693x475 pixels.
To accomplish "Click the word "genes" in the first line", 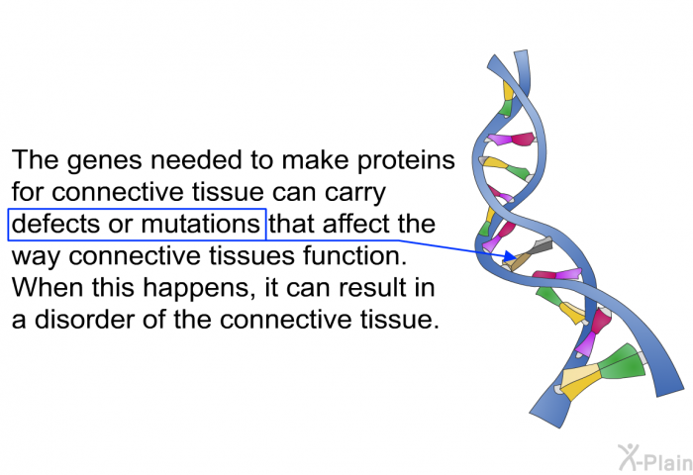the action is click(x=105, y=161).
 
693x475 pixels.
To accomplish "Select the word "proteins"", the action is click(x=406, y=161).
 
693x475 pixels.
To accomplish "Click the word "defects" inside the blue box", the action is click(x=55, y=224).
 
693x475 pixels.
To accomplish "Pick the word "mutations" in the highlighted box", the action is click(x=201, y=224).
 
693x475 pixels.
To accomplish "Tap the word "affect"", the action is click(x=355, y=224).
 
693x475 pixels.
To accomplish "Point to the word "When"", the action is click(x=48, y=287).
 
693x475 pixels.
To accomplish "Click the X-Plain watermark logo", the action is click(x=655, y=457).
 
